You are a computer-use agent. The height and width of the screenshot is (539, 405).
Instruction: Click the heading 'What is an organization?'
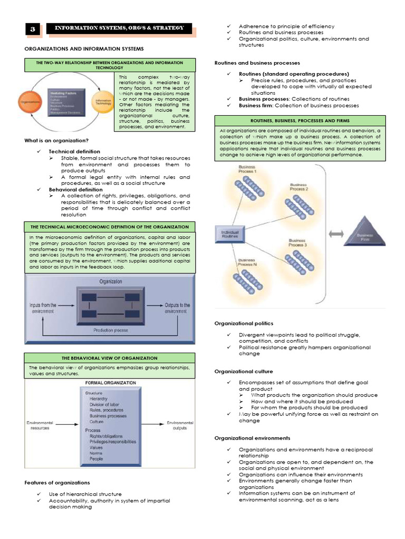(x=56, y=140)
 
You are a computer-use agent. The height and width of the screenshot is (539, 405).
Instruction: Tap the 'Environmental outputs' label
(x=180, y=425)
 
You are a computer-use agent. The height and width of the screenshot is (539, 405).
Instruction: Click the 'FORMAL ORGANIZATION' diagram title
(x=110, y=383)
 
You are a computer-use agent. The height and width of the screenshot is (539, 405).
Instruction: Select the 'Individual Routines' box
(x=230, y=234)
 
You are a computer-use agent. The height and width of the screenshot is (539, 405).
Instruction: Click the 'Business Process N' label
(x=246, y=262)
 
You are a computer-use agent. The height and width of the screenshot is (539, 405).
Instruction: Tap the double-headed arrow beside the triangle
(x=336, y=233)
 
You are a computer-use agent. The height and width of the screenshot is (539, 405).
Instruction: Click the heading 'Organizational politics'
(x=244, y=323)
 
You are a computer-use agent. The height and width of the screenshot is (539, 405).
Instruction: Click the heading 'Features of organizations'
(x=57, y=482)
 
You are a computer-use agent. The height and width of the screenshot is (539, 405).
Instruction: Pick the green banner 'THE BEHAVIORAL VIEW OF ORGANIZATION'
(x=110, y=358)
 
